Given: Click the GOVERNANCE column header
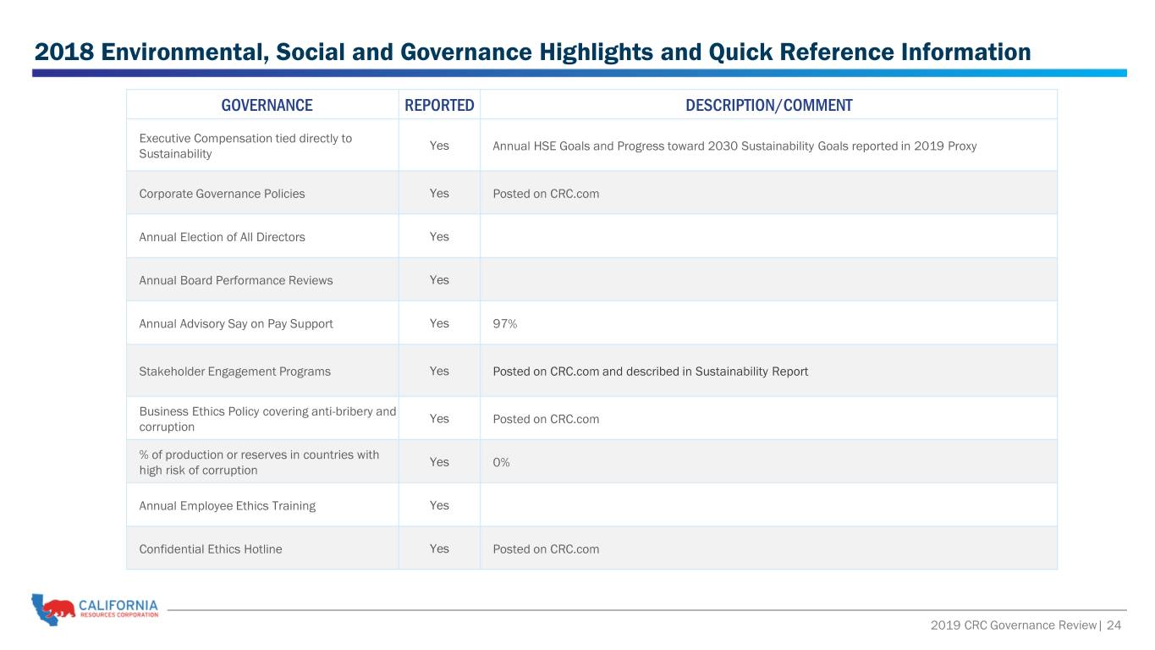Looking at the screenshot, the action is click(x=267, y=105).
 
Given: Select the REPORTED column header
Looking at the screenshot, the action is click(x=439, y=105).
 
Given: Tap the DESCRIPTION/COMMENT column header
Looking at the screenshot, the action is click(x=769, y=105).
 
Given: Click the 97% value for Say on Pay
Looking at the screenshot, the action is click(x=505, y=323).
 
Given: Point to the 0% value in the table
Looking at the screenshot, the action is click(x=501, y=462).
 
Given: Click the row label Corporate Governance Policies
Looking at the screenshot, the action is click(x=222, y=194).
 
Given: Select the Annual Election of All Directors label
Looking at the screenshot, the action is click(x=222, y=237).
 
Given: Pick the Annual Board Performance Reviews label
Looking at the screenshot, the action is click(x=235, y=280).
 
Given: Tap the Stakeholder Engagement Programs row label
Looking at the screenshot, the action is click(x=234, y=372).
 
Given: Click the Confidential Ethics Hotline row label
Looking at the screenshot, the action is click(x=211, y=549).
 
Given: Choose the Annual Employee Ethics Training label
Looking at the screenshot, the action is click(x=227, y=505).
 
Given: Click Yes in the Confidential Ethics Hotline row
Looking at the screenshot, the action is click(x=439, y=548).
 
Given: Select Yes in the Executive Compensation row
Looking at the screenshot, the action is click(x=439, y=146).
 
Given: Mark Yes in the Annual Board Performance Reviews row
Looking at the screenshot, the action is click(x=439, y=279).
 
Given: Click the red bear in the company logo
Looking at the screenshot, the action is click(x=58, y=609).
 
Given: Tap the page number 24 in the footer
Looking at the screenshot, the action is click(x=1114, y=625).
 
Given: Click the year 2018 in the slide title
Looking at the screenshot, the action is click(x=64, y=52).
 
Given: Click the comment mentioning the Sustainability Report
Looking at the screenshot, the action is click(x=650, y=372).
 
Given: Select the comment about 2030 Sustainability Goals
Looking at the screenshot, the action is click(x=734, y=146).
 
